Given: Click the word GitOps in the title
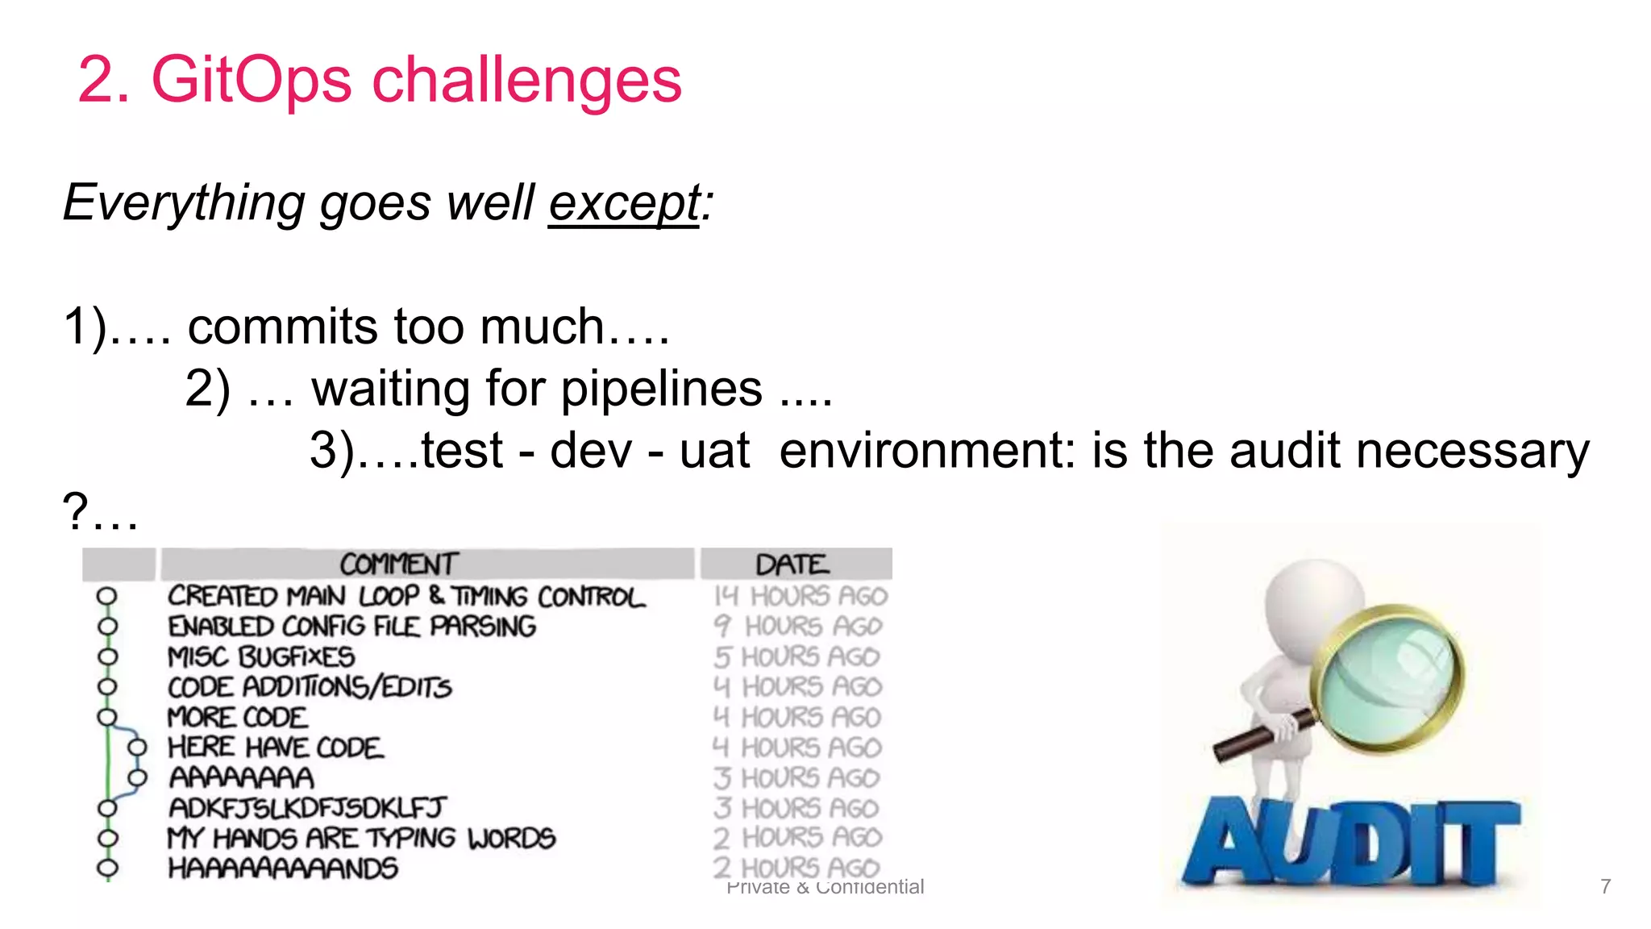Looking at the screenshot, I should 252,81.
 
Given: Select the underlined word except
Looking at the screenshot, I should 625,203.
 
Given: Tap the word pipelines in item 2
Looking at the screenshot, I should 661,390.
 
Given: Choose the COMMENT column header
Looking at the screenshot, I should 399,564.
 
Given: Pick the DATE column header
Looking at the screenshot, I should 792,564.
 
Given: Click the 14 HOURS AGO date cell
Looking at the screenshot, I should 801,596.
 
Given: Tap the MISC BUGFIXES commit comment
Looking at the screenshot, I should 260,656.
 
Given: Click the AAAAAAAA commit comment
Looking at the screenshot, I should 241,778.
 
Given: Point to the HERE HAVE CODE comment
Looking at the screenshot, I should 275,748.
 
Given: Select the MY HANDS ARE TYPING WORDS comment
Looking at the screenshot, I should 360,839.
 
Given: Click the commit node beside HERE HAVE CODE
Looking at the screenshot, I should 138,748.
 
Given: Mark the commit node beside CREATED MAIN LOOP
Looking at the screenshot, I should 106,597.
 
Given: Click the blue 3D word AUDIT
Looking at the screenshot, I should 1350,844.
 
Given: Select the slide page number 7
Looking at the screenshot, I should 1605,886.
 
